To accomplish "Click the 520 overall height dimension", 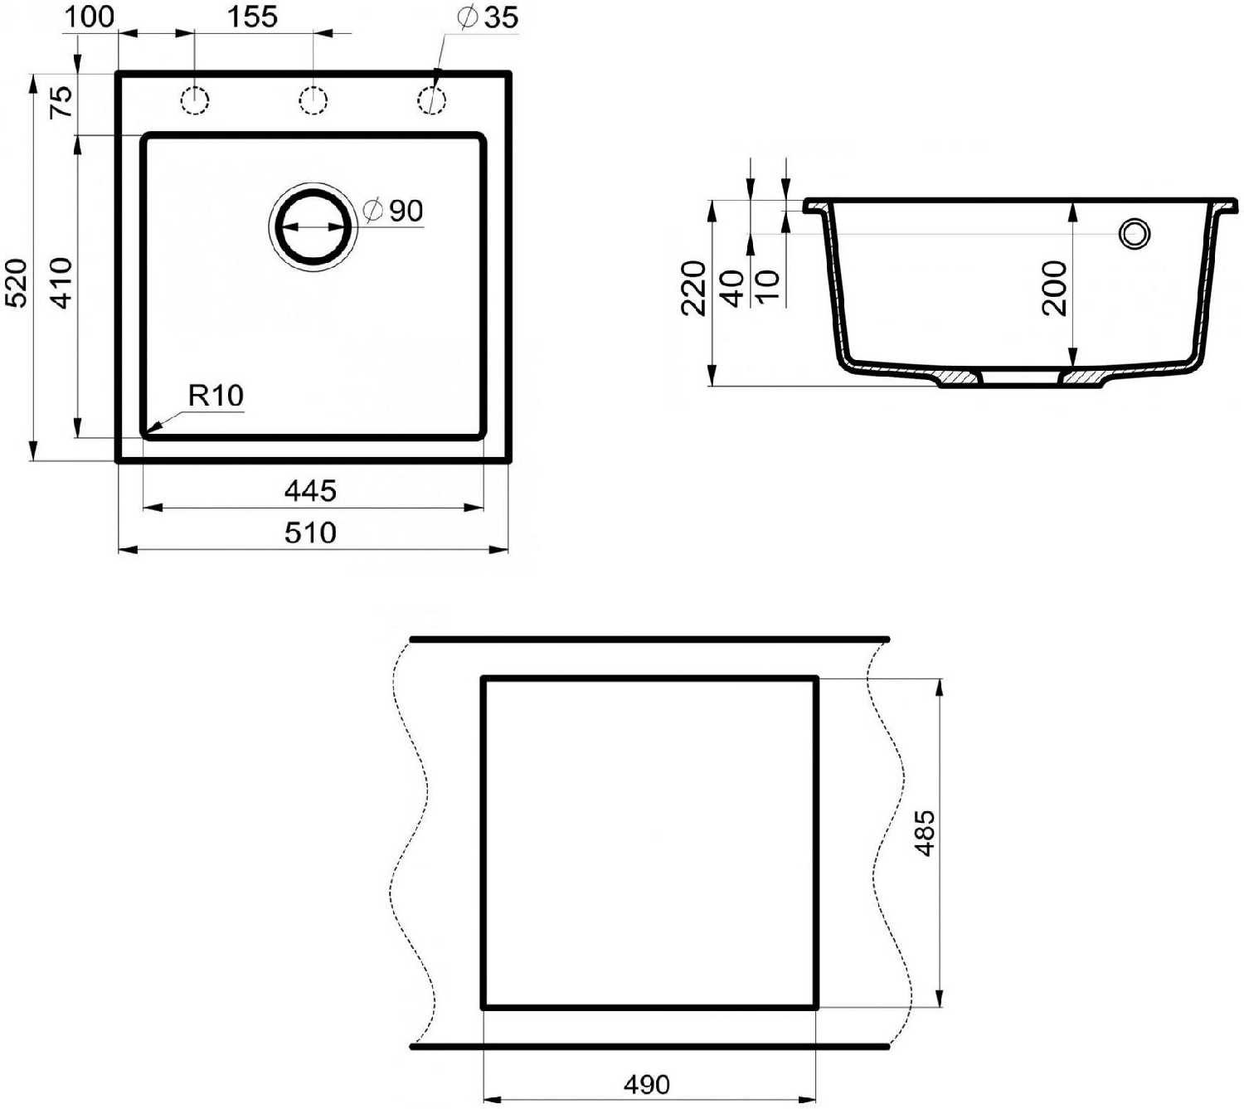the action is coord(17,284).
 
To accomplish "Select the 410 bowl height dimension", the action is coord(62,283).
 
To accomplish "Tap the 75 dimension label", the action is coord(61,102).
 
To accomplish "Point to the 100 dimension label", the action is coord(89,17).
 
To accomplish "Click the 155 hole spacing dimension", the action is coord(252,17).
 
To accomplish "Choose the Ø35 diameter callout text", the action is coord(488,17).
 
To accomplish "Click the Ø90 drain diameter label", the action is coord(393,211).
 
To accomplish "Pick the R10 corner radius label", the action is coord(216,396).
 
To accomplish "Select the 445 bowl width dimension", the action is coord(311,491).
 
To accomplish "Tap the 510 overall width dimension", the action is coord(311,533).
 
